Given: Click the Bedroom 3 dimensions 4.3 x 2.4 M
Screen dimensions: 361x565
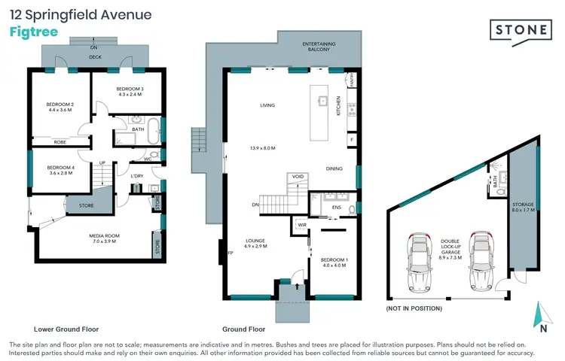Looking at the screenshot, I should point(129,96).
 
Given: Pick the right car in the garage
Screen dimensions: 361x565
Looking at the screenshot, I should point(478,263).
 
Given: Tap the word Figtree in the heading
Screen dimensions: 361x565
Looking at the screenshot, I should point(32,32).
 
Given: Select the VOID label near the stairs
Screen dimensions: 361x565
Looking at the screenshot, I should point(298,177).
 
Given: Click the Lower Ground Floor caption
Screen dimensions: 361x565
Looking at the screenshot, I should point(66,329).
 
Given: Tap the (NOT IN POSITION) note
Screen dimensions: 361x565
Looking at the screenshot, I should point(414,309).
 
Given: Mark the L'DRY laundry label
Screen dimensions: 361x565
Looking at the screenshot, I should point(137,176).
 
